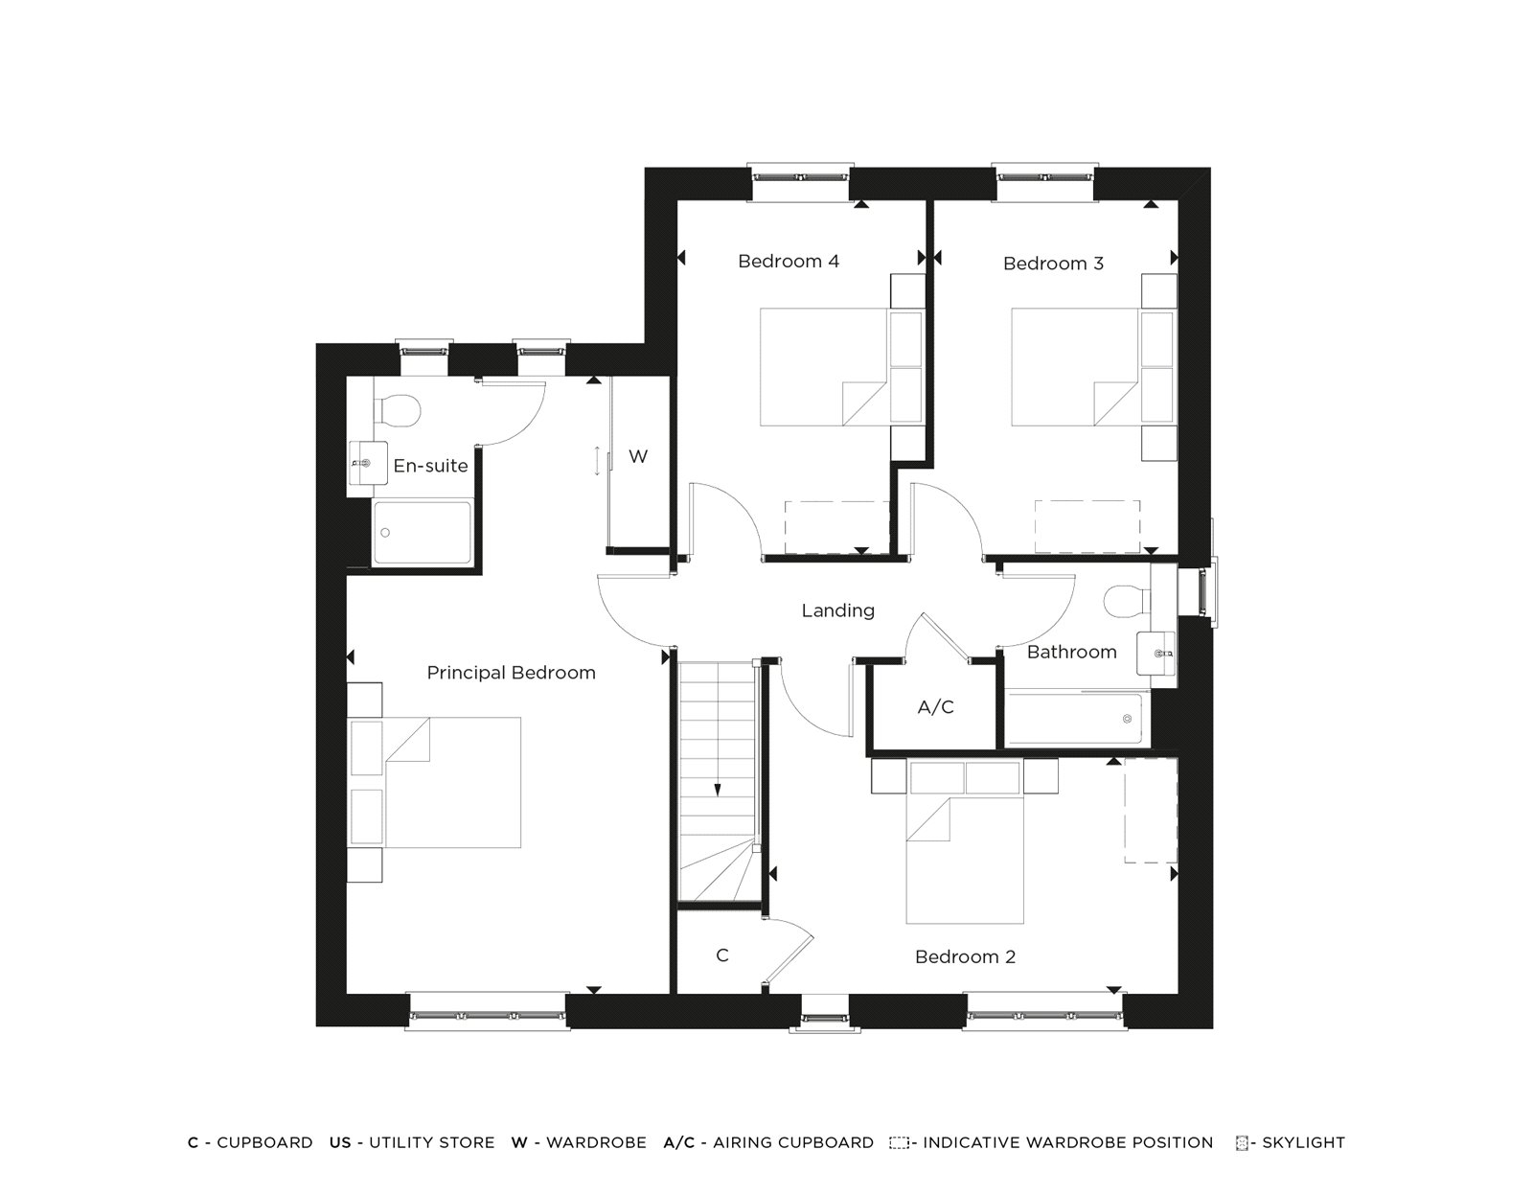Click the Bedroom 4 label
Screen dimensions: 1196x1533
coord(789,261)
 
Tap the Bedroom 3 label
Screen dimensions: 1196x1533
coord(1053,263)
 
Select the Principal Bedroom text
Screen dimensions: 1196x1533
coord(511,673)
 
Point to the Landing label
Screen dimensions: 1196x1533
coord(837,610)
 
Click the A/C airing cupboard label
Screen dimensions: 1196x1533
coord(935,707)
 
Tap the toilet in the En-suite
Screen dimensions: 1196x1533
coord(397,410)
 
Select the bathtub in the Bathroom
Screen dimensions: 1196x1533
coord(1074,720)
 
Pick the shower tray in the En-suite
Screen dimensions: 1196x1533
coord(422,532)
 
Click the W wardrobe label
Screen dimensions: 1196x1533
coord(637,456)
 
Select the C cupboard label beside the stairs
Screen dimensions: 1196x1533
coord(722,955)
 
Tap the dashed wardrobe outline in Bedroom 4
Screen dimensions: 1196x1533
coord(837,526)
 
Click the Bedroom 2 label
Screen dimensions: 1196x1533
coord(965,956)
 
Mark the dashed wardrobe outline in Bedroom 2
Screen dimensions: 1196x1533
coord(1150,810)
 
